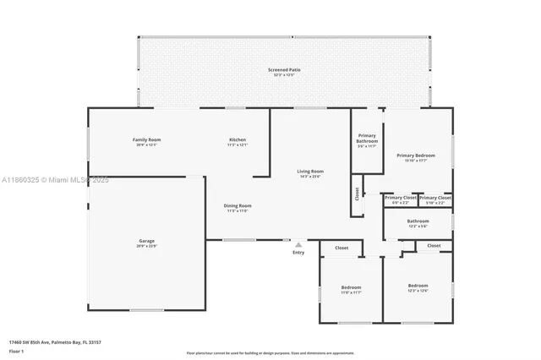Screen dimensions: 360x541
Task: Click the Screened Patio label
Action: (x=284, y=69)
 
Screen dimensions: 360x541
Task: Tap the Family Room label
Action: (x=146, y=139)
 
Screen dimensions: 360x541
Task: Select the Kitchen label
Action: (x=238, y=139)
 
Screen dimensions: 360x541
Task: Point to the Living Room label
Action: (x=310, y=172)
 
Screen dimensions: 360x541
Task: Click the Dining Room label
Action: (x=238, y=206)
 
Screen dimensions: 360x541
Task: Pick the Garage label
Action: (x=146, y=241)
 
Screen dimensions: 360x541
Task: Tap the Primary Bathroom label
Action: (x=367, y=139)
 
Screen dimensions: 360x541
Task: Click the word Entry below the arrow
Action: (x=298, y=253)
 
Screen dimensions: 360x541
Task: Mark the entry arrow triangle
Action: (x=298, y=244)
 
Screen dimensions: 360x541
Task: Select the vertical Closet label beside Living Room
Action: (x=358, y=195)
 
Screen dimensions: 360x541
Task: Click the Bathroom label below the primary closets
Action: (x=418, y=221)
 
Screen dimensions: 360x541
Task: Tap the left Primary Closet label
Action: (x=401, y=198)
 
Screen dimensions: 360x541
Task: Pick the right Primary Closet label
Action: (x=434, y=198)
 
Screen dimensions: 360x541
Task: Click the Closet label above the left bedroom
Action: (x=342, y=248)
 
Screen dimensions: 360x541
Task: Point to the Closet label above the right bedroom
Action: (x=434, y=245)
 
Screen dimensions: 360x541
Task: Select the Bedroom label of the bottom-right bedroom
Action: (x=418, y=286)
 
